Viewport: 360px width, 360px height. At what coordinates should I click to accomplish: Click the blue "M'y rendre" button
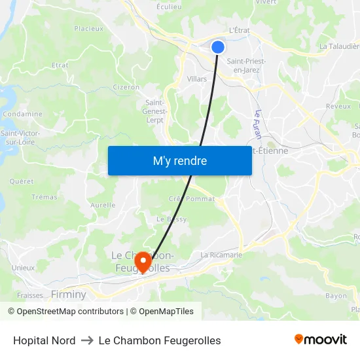(x=179, y=161)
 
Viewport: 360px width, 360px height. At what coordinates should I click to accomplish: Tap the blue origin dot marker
(x=218, y=46)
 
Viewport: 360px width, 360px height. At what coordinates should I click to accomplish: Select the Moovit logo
(x=321, y=340)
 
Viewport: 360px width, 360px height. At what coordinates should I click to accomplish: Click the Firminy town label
(x=69, y=295)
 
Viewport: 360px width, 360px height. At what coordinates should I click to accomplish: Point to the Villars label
(x=196, y=79)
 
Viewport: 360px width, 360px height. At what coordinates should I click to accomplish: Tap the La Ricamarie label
(x=222, y=255)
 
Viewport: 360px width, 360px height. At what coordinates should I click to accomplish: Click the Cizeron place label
(x=126, y=86)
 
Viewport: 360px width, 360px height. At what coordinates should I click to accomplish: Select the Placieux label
(x=89, y=28)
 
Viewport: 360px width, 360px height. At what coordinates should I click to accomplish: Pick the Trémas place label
(x=45, y=197)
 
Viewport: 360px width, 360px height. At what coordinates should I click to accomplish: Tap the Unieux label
(x=23, y=268)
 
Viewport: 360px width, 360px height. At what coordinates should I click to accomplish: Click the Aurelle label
(x=102, y=205)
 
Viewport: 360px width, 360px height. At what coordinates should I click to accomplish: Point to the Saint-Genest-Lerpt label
(x=156, y=111)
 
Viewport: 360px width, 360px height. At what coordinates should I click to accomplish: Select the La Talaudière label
(x=339, y=46)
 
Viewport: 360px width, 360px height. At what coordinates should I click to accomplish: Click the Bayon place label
(x=336, y=296)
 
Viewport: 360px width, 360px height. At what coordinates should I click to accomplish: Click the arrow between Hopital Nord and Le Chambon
(x=87, y=340)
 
